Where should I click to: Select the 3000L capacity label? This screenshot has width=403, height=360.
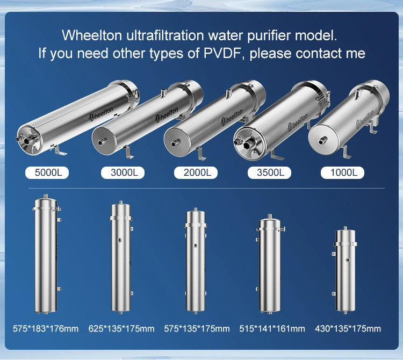tap(123, 173)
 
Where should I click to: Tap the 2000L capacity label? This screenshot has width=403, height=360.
tap(196, 173)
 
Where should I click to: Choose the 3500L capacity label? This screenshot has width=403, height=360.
tap(269, 173)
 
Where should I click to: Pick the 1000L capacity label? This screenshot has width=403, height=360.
tap(342, 173)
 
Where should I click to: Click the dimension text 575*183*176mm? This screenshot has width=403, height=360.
tap(46, 328)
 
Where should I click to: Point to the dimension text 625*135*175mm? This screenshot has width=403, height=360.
tap(121, 328)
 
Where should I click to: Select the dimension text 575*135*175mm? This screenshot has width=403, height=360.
tap(196, 328)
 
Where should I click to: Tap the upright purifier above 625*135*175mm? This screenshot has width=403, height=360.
tap(121, 258)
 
